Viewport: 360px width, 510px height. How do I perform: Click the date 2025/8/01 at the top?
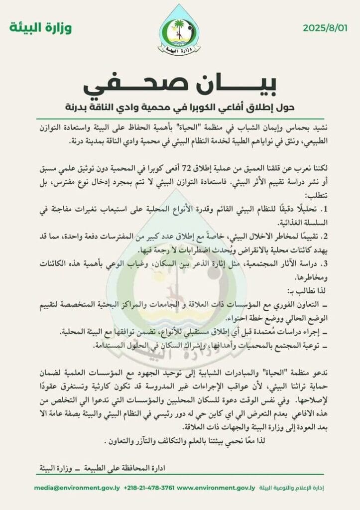point(324,28)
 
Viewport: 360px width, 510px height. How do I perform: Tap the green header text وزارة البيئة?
point(40,28)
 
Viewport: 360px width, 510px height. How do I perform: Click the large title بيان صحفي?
point(180,85)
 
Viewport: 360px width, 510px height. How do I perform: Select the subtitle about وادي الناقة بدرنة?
point(180,107)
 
